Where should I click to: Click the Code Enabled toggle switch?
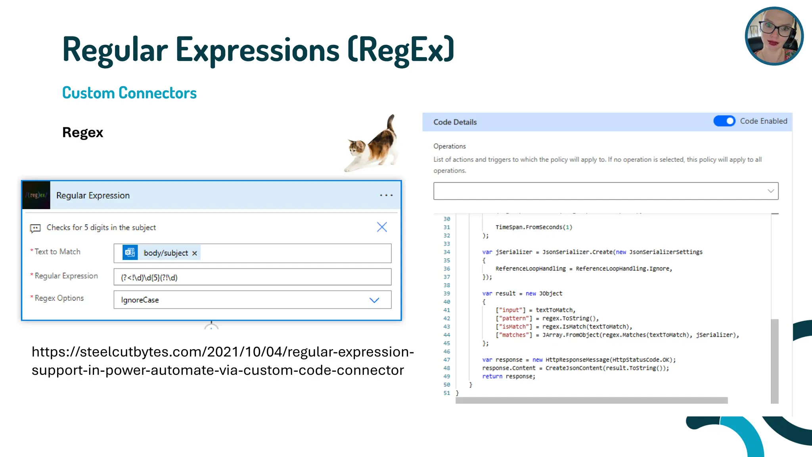click(724, 121)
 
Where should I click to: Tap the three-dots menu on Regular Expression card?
click(386, 195)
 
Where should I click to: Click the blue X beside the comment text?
click(382, 227)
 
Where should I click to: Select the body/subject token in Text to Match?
click(165, 253)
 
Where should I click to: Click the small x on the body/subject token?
click(195, 253)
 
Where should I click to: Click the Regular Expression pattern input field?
click(252, 277)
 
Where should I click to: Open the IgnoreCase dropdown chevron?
click(374, 300)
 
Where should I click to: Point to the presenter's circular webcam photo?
click(774, 36)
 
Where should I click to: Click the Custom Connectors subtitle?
click(129, 93)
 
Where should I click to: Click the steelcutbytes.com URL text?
click(222, 361)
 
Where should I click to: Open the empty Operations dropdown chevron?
click(770, 191)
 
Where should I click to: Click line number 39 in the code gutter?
click(447, 294)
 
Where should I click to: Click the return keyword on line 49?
click(492, 376)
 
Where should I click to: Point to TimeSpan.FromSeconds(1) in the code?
click(534, 227)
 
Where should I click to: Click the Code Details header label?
click(455, 122)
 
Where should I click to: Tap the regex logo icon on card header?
click(36, 195)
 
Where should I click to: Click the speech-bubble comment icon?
click(35, 228)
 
